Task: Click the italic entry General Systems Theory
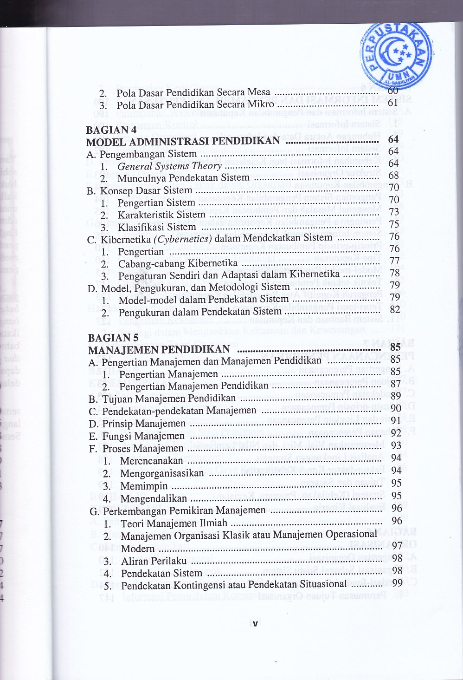pyautogui.click(x=169, y=166)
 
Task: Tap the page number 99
pyautogui.click(x=397, y=583)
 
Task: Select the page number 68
pyautogui.click(x=394, y=176)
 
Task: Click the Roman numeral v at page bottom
pyautogui.click(x=255, y=624)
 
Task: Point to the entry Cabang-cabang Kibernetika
pyautogui.click(x=178, y=263)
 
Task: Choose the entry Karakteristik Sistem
pyautogui.click(x=161, y=215)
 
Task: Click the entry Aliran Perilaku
pyautogui.click(x=154, y=561)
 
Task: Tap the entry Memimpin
pyautogui.click(x=144, y=486)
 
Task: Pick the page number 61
pyautogui.click(x=393, y=103)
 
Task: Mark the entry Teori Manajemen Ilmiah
pyautogui.click(x=174, y=523)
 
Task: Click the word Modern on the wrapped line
pyautogui.click(x=138, y=549)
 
